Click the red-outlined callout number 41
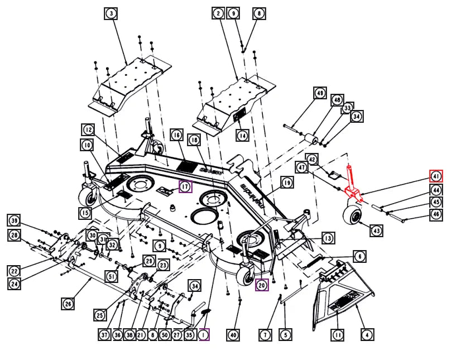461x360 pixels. pyautogui.click(x=436, y=176)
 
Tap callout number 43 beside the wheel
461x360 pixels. pyautogui.click(x=377, y=230)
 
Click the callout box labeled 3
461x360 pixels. pyautogui.click(x=112, y=14)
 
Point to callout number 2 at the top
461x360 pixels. pyautogui.click(x=218, y=13)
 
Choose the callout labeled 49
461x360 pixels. pyautogui.click(x=320, y=93)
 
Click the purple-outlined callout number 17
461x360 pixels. pyautogui.click(x=185, y=186)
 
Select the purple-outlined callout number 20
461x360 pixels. pyautogui.click(x=262, y=285)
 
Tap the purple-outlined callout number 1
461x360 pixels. pyautogui.click(x=204, y=335)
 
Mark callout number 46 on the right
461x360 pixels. pyautogui.click(x=436, y=214)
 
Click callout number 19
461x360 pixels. pyautogui.click(x=286, y=182)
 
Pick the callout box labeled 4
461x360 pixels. pyautogui.click(x=367, y=335)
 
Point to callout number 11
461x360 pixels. pyautogui.click(x=338, y=335)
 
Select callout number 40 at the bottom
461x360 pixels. pyautogui.click(x=233, y=335)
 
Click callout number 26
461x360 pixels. pyautogui.click(x=68, y=304)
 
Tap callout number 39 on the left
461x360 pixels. pyautogui.click(x=15, y=219)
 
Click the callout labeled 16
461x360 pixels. pyautogui.click(x=176, y=135)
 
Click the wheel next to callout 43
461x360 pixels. pyautogui.click(x=353, y=215)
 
